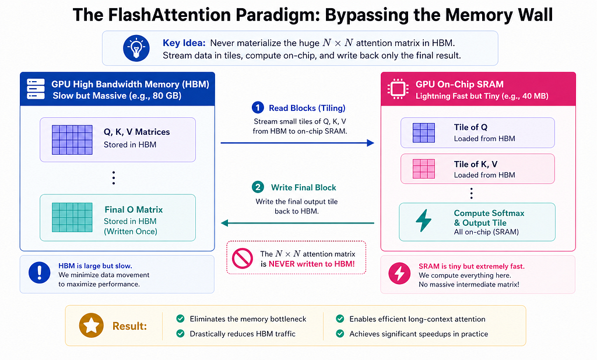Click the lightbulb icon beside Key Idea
point(136,48)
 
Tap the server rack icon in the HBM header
point(36,89)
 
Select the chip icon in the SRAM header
point(398,89)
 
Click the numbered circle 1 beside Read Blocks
point(258,108)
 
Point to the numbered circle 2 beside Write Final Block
point(258,187)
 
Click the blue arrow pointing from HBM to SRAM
point(297,143)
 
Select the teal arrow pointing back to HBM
point(297,223)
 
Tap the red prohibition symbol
point(243,258)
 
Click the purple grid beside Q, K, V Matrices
point(72,140)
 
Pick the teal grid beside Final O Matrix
point(72,217)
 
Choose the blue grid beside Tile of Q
point(424,132)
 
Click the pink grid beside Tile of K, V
point(424,169)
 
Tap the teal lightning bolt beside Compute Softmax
point(423,221)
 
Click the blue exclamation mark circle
point(39,272)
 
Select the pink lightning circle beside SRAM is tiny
point(399,273)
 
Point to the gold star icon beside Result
point(92,326)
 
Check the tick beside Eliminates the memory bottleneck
point(181,319)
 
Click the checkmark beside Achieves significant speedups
point(340,334)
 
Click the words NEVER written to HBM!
point(311,264)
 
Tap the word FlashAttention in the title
point(170,15)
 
